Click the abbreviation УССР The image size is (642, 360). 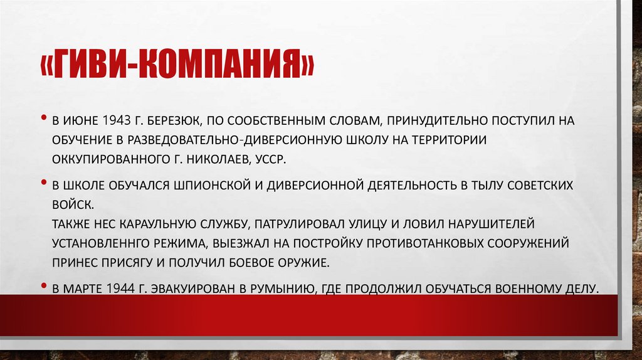pos(270,159)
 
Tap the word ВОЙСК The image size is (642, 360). pos(73,204)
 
